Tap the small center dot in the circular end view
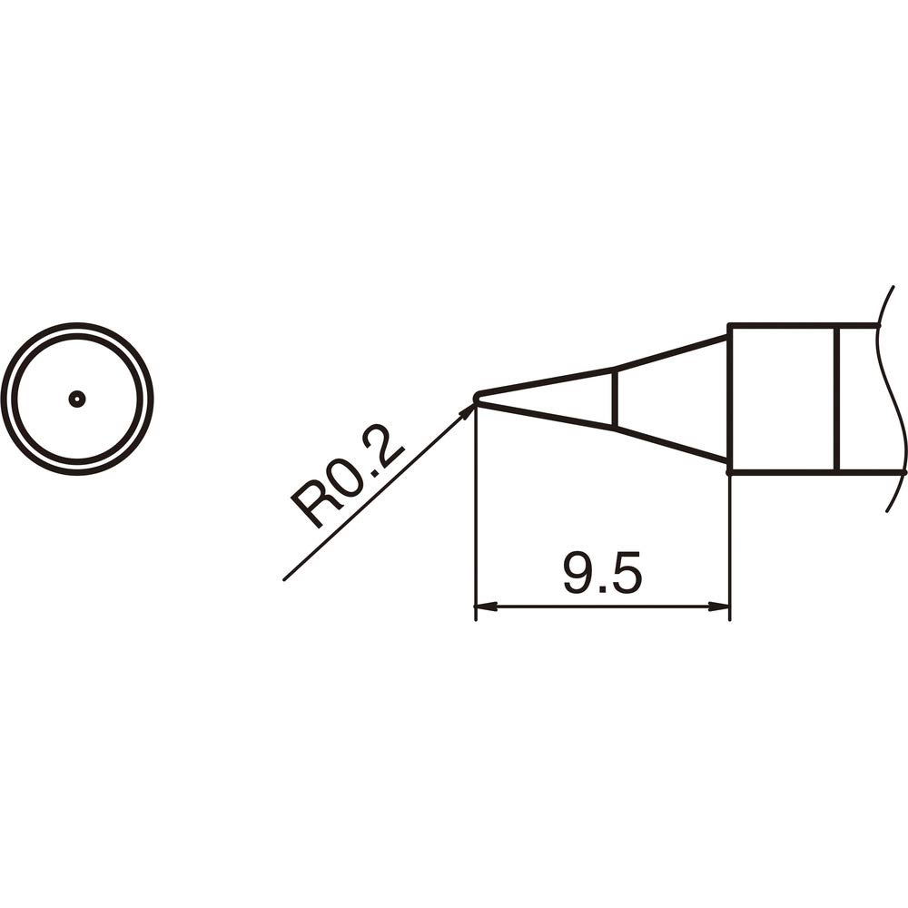click(77, 399)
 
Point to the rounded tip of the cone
click(477, 398)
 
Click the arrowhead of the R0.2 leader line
click(469, 410)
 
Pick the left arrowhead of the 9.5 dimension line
click(484, 607)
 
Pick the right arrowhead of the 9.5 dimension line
click(722, 607)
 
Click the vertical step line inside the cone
click(616, 398)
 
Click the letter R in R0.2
click(311, 508)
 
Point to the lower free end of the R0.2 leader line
click(285, 578)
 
